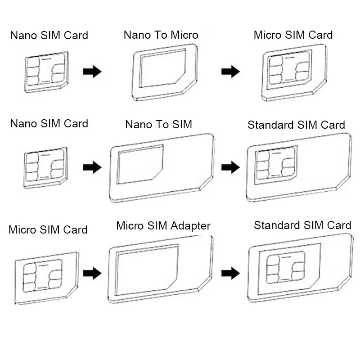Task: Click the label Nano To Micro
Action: (x=161, y=35)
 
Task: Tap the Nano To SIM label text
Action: (x=158, y=124)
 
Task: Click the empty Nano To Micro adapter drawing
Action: (x=165, y=72)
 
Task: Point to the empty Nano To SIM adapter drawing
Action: (x=161, y=168)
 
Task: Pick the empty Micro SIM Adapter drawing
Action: (x=160, y=269)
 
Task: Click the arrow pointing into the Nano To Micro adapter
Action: (x=92, y=72)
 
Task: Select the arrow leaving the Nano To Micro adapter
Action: (x=230, y=72)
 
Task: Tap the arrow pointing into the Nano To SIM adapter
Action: (x=92, y=168)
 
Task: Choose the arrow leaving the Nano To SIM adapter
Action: (x=230, y=168)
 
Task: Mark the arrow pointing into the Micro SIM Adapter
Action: (x=92, y=273)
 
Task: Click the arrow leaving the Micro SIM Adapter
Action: (x=230, y=273)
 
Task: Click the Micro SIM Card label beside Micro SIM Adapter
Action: (x=48, y=230)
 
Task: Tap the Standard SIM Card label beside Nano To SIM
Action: (x=296, y=125)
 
